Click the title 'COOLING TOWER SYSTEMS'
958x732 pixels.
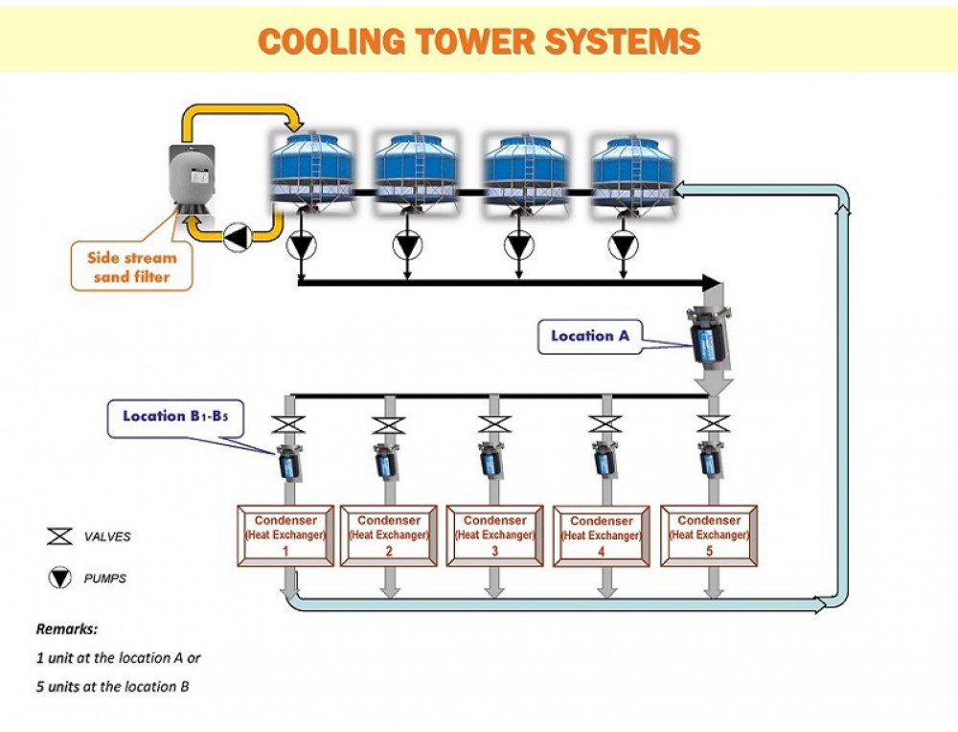point(479,41)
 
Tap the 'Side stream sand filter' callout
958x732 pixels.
point(131,267)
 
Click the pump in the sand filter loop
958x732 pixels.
point(235,237)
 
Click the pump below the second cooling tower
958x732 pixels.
point(407,246)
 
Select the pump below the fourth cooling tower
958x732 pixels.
point(624,246)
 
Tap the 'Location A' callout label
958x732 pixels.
point(589,336)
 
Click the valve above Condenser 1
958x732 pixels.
point(285,424)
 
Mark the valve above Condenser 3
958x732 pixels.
point(494,424)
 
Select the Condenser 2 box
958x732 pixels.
point(389,536)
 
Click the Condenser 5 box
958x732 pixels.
point(709,536)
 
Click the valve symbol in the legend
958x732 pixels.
point(59,537)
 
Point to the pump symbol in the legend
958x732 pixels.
point(59,578)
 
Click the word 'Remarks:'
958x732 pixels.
point(67,629)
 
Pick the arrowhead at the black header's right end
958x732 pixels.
point(711,283)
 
